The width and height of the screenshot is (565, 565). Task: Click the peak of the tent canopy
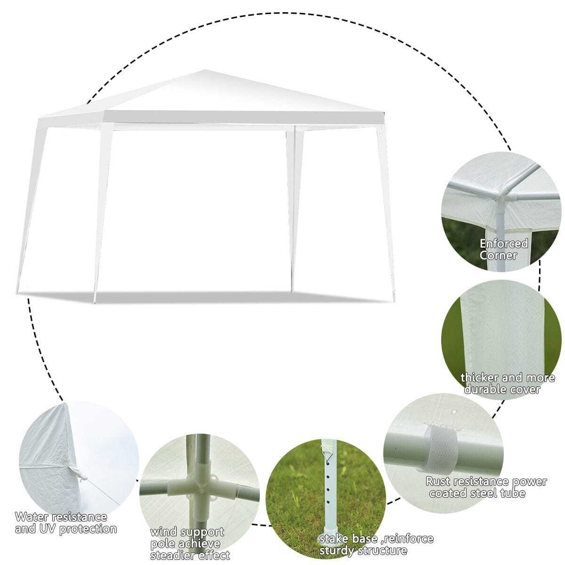pyautogui.click(x=204, y=70)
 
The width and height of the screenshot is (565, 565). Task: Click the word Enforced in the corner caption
pyautogui.click(x=504, y=243)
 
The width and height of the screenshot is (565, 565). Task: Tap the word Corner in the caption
pyautogui.click(x=498, y=256)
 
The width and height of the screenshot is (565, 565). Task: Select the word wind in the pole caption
pyautogui.click(x=163, y=524)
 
